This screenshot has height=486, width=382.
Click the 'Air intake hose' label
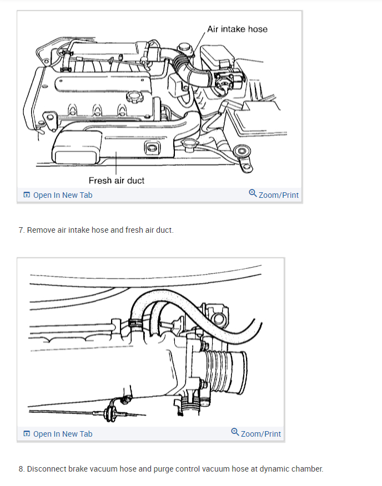click(x=237, y=29)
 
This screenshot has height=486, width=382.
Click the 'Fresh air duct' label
click(x=117, y=180)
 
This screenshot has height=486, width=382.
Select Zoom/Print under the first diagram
click(x=278, y=195)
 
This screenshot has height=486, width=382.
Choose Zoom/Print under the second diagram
click(x=260, y=434)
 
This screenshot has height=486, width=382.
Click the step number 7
click(x=21, y=230)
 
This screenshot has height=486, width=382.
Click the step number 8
click(x=21, y=469)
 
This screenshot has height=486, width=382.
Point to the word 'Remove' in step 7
click(x=41, y=230)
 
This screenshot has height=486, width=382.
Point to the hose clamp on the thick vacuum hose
click(x=134, y=323)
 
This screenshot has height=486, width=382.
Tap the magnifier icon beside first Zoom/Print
click(x=253, y=194)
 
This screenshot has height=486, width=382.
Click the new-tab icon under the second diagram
click(x=27, y=434)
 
